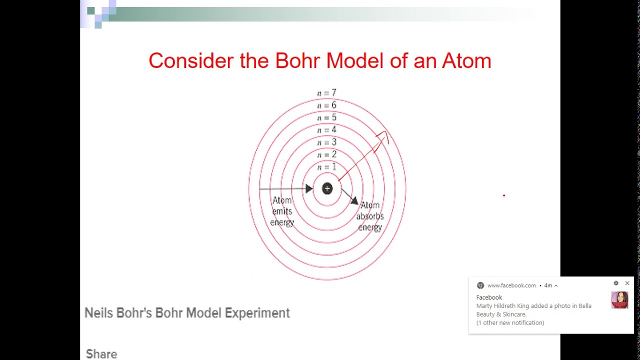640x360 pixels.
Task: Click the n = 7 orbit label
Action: coord(326,93)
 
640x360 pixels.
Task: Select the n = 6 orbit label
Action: coord(326,105)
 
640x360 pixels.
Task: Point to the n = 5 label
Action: coord(326,118)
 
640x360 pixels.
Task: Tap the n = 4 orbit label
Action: coord(326,130)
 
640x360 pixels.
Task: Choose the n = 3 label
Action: coord(326,142)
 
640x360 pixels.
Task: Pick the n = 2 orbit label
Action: coord(326,155)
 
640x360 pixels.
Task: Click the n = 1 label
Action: coord(326,167)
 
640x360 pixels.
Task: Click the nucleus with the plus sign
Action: coord(327,188)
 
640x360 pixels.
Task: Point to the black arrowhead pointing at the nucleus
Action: coord(308,188)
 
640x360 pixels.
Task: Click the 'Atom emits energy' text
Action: coord(282,211)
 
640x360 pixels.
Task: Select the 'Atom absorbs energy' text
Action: coord(370,216)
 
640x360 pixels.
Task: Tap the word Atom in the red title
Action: coord(466,61)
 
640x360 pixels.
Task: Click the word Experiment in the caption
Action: coord(257,313)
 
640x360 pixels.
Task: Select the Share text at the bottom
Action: coord(101,354)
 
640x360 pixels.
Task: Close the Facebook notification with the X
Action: coord(627,283)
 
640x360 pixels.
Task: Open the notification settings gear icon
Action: coord(616,283)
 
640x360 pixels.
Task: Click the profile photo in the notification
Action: coord(619,300)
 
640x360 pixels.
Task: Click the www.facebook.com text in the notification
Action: coord(511,285)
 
